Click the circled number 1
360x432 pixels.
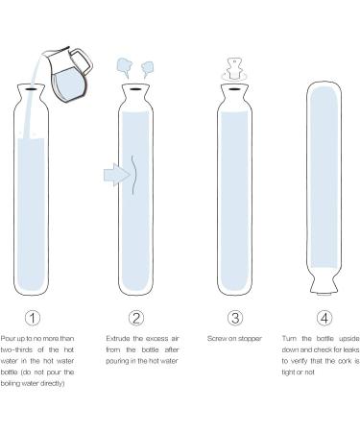point(33,318)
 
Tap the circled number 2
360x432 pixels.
point(136,318)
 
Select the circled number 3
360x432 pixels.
point(235,318)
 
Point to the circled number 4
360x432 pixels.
point(324,318)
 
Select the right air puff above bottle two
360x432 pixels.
point(148,69)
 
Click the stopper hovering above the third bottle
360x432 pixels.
point(234,70)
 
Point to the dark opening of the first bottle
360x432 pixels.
point(32,89)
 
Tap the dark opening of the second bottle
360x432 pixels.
point(135,89)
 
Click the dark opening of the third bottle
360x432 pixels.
point(234,89)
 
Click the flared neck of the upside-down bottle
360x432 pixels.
point(324,286)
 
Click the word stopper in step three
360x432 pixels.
point(250,339)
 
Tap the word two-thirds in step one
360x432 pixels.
point(16,349)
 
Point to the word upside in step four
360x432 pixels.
point(349,339)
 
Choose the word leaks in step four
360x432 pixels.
point(351,349)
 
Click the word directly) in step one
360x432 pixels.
point(54,383)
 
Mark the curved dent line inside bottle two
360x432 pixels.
point(133,175)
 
